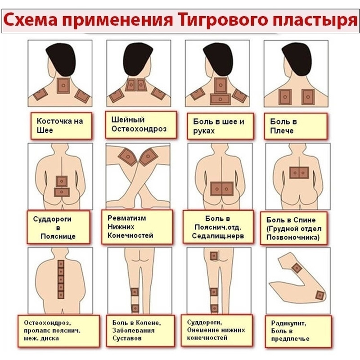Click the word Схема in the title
tap(31, 20)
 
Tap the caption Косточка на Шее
tap(60, 126)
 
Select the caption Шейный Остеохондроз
tap(139, 124)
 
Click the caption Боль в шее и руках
tap(218, 126)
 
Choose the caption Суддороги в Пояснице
tap(55, 228)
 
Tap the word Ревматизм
tap(126, 218)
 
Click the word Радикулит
tap(288, 323)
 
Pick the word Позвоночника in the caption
tap(293, 238)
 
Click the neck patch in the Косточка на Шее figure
tap(63, 85)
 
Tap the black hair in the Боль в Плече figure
tap(297, 59)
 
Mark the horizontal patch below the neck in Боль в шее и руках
tap(220, 99)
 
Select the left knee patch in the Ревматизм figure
tap(128, 157)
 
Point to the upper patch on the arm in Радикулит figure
tap(297, 268)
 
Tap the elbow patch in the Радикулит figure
tap(319, 295)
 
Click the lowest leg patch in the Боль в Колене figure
tap(135, 308)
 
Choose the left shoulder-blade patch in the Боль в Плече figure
tap(285, 97)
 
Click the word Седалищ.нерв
tap(218, 236)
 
